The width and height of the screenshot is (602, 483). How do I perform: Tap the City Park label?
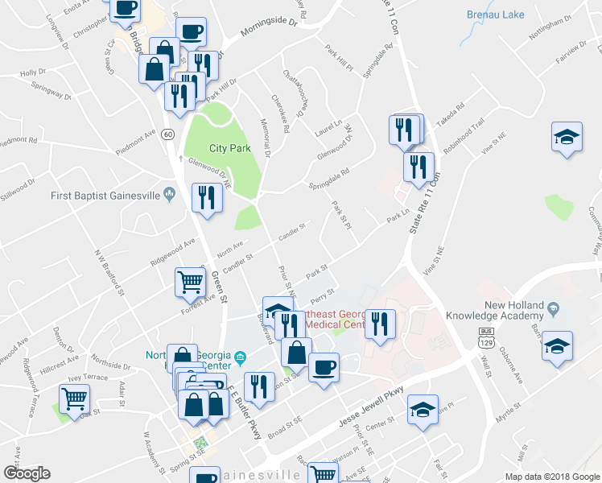230,148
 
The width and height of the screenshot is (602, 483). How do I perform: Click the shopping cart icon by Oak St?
74,398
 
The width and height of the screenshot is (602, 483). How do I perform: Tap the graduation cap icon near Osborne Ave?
557,345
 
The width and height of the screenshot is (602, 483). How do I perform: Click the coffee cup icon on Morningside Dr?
191,31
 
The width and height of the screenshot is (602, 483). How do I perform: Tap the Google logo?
27,473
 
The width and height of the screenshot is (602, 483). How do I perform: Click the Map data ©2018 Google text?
552,476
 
